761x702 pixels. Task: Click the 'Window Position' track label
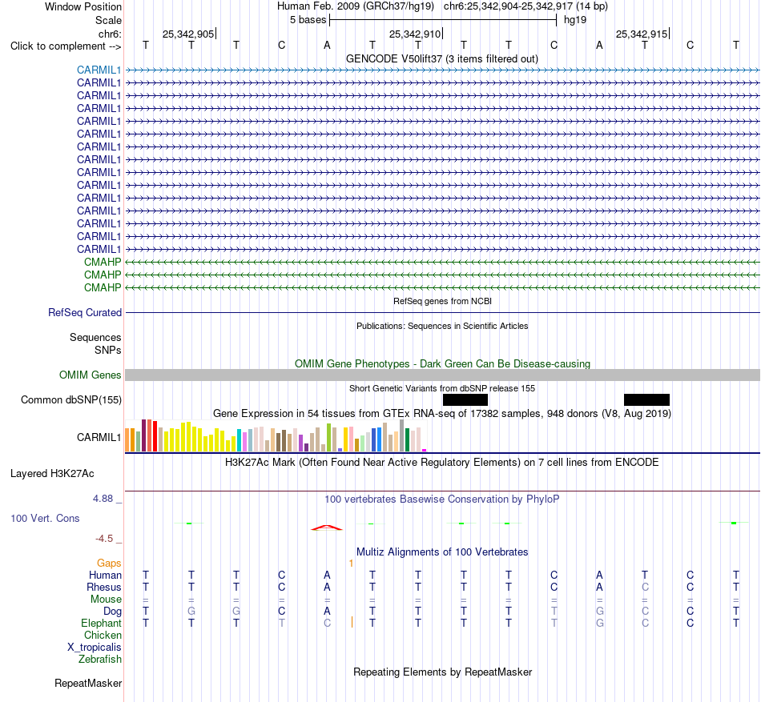(x=83, y=6)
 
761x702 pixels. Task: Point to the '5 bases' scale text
(x=308, y=20)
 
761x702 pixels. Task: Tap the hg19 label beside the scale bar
(x=575, y=20)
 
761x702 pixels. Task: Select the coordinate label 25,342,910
(x=415, y=34)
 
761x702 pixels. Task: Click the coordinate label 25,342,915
(x=642, y=34)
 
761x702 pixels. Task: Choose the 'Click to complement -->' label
(x=66, y=46)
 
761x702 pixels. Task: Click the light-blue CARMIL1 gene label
(x=99, y=70)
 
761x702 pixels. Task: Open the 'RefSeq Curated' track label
(x=84, y=313)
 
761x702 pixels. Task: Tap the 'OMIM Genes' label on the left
(x=90, y=375)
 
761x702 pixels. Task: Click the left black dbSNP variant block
(x=465, y=400)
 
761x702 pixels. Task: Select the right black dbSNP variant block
(x=646, y=400)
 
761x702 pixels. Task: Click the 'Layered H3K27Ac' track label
(x=52, y=474)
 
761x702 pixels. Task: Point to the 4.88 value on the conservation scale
(x=103, y=499)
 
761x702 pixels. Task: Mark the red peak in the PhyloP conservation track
(x=327, y=528)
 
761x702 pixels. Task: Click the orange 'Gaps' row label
(x=109, y=563)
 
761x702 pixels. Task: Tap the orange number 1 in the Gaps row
(x=351, y=563)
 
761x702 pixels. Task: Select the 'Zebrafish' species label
(x=100, y=660)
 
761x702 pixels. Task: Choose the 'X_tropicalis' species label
(x=95, y=648)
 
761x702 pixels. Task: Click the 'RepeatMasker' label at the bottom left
(x=88, y=683)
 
